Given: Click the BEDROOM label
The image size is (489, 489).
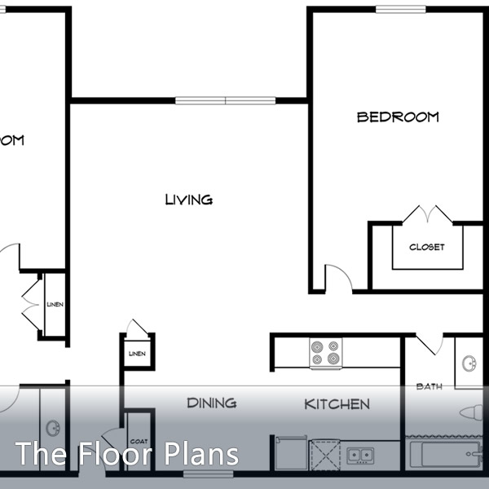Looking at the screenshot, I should (398, 117).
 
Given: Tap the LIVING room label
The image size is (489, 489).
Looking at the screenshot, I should (188, 200).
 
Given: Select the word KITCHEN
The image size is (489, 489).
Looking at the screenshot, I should (337, 404).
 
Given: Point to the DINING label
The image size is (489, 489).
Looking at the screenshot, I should (211, 403).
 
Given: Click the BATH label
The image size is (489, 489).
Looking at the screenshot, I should (429, 386).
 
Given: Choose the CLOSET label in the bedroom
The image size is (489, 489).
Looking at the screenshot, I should (427, 247).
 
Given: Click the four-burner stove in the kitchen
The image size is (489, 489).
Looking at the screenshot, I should (325, 353).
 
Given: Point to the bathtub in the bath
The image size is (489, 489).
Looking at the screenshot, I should (444, 453).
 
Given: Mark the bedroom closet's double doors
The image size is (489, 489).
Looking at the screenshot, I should (427, 215).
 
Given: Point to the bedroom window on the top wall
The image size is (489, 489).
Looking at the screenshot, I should (401, 10).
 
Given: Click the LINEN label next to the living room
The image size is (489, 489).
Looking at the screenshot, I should (136, 354).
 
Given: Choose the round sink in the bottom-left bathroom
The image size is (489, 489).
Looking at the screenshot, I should (53, 427).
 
